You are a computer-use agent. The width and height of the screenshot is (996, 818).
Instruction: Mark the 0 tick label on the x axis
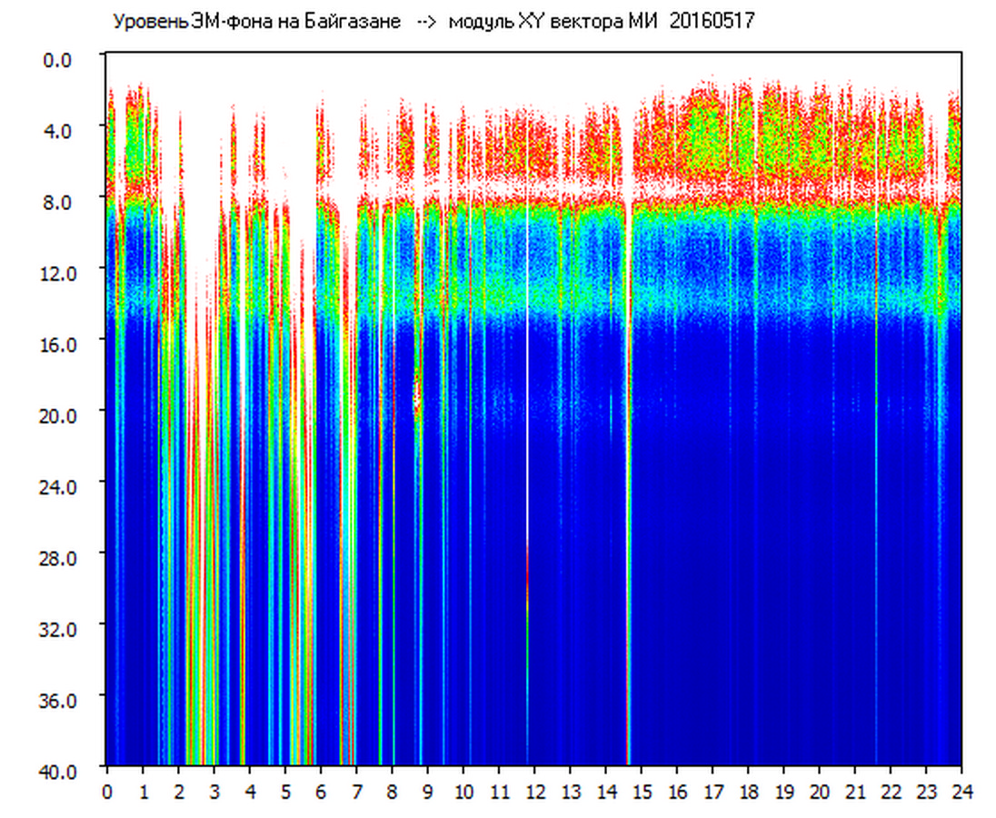click(x=107, y=792)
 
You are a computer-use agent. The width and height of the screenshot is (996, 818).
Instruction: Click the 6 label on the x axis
click(x=321, y=792)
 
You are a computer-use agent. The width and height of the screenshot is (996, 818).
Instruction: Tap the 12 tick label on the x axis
click(x=534, y=792)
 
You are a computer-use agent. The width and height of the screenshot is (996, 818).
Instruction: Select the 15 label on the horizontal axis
click(x=642, y=792)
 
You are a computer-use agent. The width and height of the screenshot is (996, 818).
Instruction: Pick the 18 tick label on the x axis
click(x=748, y=792)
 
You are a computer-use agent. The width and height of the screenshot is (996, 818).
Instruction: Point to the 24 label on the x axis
click(x=961, y=792)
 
